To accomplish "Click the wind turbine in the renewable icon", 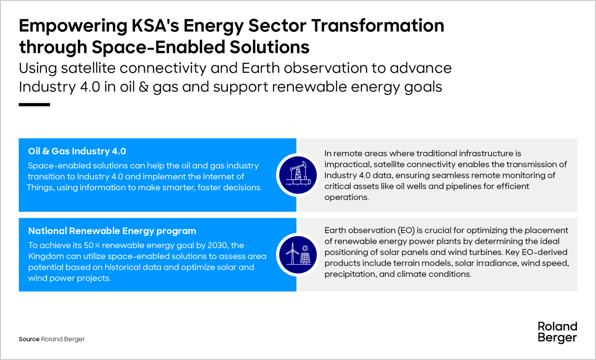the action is click(x=292, y=254).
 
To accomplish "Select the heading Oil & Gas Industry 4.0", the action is click(x=77, y=151).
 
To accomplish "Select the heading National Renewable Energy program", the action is click(x=112, y=231).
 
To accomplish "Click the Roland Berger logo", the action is click(x=557, y=332).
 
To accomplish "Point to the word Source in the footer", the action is click(x=29, y=339).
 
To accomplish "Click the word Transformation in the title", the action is click(x=378, y=26).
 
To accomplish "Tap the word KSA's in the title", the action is click(x=155, y=26).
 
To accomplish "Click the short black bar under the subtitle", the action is click(x=34, y=105).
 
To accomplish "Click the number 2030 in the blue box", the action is click(x=218, y=245).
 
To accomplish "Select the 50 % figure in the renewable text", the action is click(x=92, y=245).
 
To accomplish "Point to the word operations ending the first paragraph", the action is click(x=347, y=197).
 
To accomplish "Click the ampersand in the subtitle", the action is click(x=144, y=87).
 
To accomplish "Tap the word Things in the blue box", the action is click(x=41, y=187).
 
